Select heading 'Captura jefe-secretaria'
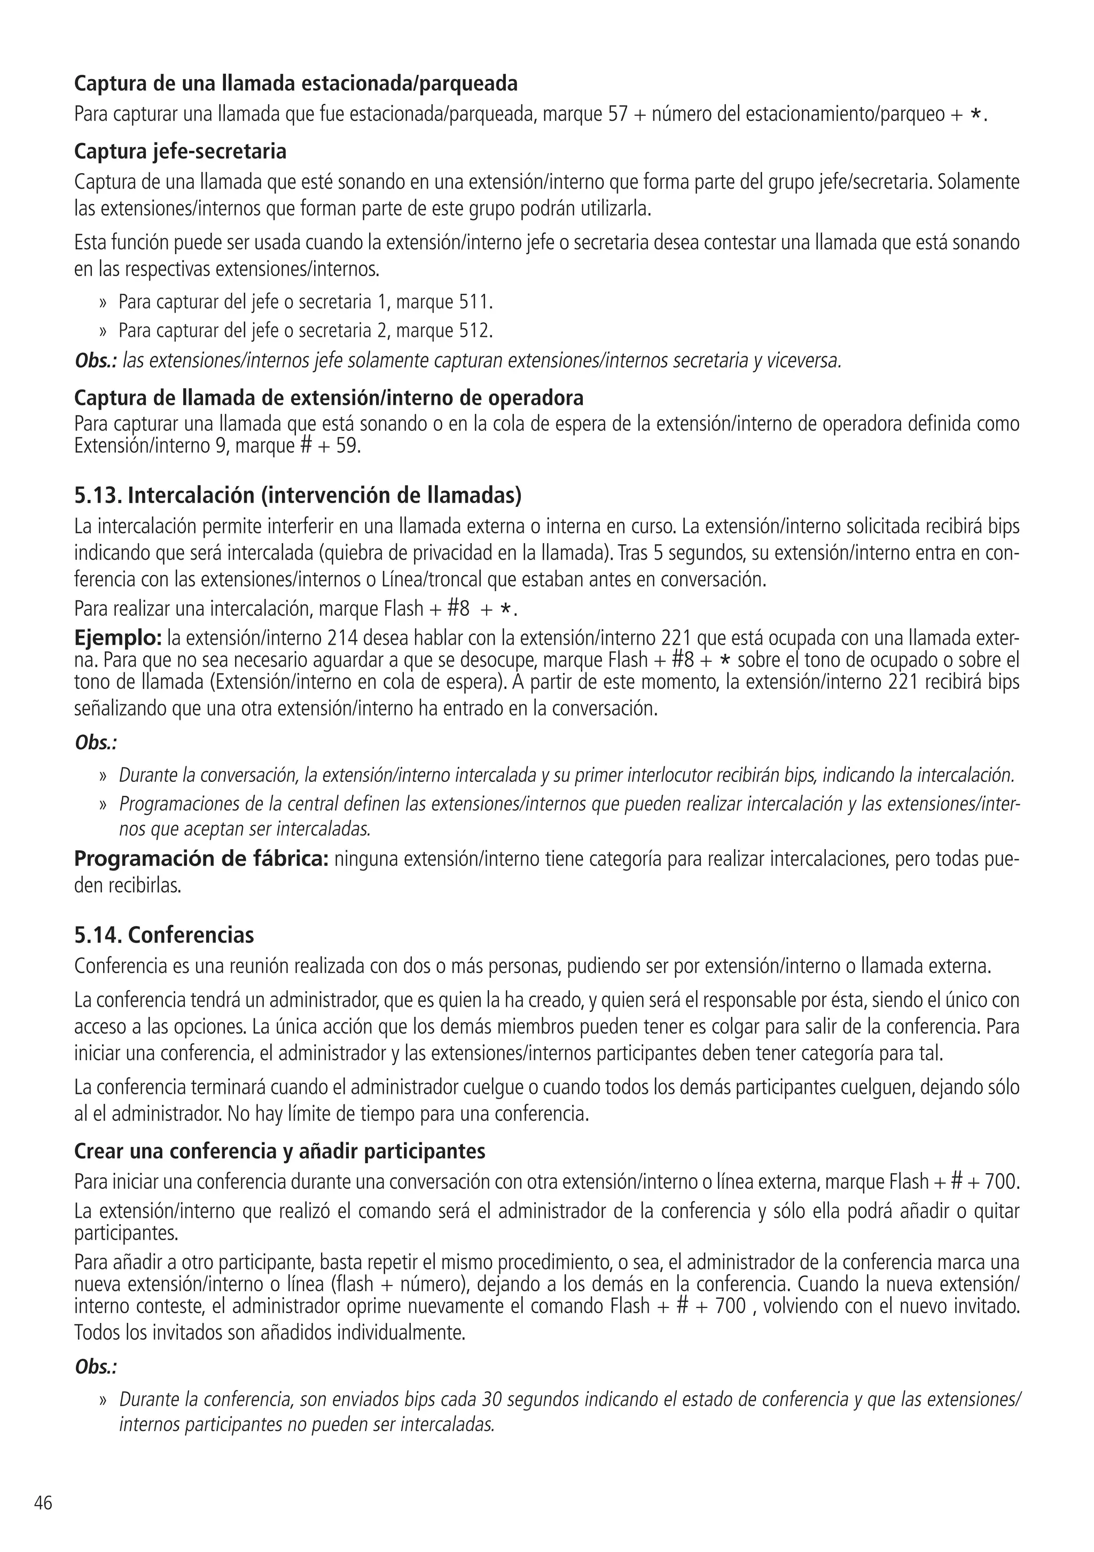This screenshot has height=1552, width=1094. tap(180, 152)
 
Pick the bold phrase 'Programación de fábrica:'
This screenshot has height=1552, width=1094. tap(201, 859)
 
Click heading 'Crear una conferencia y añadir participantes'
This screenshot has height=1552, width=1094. tap(279, 1150)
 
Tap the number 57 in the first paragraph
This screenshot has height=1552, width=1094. tap(618, 114)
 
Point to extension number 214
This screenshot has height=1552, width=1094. tap(343, 639)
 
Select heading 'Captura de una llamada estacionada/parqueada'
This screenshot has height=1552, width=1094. tap(295, 84)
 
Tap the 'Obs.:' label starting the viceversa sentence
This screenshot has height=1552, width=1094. tap(95, 362)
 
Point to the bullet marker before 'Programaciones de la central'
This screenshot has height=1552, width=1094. tap(104, 805)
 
